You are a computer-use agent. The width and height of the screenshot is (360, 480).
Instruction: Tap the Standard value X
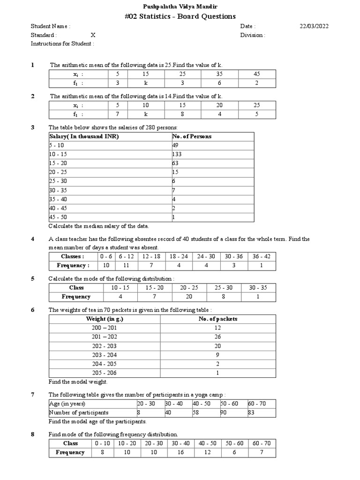[x=93, y=35]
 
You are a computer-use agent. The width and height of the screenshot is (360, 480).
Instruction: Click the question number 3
[x=33, y=127]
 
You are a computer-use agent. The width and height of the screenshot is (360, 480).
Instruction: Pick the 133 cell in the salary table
[x=178, y=154]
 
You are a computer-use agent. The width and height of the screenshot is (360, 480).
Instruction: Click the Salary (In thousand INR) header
[x=84, y=136]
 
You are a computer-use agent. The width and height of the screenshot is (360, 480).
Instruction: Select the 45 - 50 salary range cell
[x=58, y=217]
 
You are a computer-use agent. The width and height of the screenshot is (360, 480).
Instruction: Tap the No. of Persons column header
[x=192, y=136]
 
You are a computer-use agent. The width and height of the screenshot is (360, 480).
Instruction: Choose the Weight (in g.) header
[x=105, y=319]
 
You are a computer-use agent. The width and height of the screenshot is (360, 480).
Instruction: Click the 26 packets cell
[x=218, y=337]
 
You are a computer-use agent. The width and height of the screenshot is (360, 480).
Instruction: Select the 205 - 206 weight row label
[x=105, y=373]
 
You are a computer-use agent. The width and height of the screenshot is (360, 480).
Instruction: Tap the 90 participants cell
[x=224, y=412]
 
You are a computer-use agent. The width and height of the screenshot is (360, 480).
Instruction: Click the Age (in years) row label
[x=67, y=404]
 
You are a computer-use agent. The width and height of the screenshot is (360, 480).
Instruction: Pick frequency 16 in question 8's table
[x=180, y=452]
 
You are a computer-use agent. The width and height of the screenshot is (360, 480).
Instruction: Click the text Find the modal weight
[x=78, y=382]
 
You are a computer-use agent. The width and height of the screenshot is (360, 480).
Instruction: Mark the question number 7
[x=33, y=395]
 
